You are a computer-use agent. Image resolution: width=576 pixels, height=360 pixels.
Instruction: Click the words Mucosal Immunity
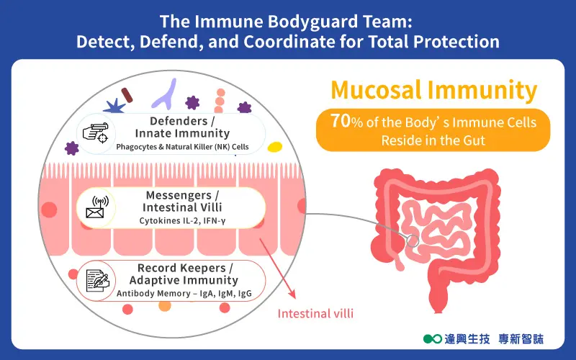tap(433, 91)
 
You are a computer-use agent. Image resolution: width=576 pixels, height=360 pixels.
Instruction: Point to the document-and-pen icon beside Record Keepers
tap(96, 279)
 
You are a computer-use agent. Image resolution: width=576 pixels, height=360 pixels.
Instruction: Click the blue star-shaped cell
tap(114, 106)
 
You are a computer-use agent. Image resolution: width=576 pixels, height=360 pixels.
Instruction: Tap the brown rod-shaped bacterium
tap(127, 94)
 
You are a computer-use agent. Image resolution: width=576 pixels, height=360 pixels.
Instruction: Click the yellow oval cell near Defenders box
tap(274, 148)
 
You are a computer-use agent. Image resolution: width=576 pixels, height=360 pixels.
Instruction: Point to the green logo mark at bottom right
tap(432, 337)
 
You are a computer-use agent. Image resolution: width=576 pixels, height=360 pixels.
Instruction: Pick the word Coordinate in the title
tap(313, 41)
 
